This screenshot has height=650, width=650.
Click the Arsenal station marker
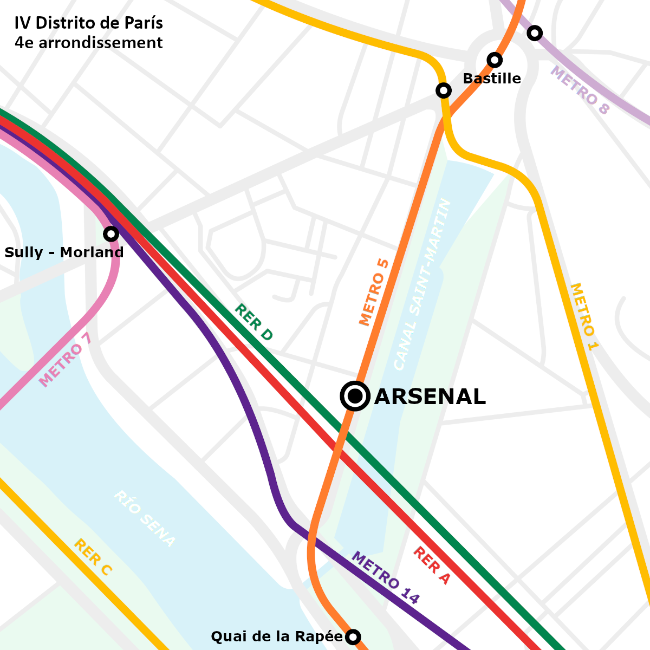[x=355, y=396]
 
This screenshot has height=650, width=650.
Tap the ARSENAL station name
[x=430, y=397]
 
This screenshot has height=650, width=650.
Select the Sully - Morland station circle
[x=111, y=234]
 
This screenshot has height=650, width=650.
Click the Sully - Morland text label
[x=64, y=252]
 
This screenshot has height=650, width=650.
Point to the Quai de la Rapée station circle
[x=353, y=636]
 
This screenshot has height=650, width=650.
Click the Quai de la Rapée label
[x=276, y=636]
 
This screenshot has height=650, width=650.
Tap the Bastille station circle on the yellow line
[x=444, y=90]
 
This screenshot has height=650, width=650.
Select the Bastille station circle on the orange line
[x=495, y=60]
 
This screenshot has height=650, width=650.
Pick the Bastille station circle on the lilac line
[x=535, y=33]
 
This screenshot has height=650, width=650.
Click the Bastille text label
[x=492, y=79]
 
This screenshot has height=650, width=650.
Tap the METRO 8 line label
[x=580, y=90]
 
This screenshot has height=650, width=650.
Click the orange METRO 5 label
[x=374, y=292]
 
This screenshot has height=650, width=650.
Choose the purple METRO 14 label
[x=386, y=577]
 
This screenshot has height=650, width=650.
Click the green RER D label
[x=253, y=322]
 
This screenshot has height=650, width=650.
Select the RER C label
[x=93, y=557]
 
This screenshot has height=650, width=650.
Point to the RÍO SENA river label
[x=144, y=518]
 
